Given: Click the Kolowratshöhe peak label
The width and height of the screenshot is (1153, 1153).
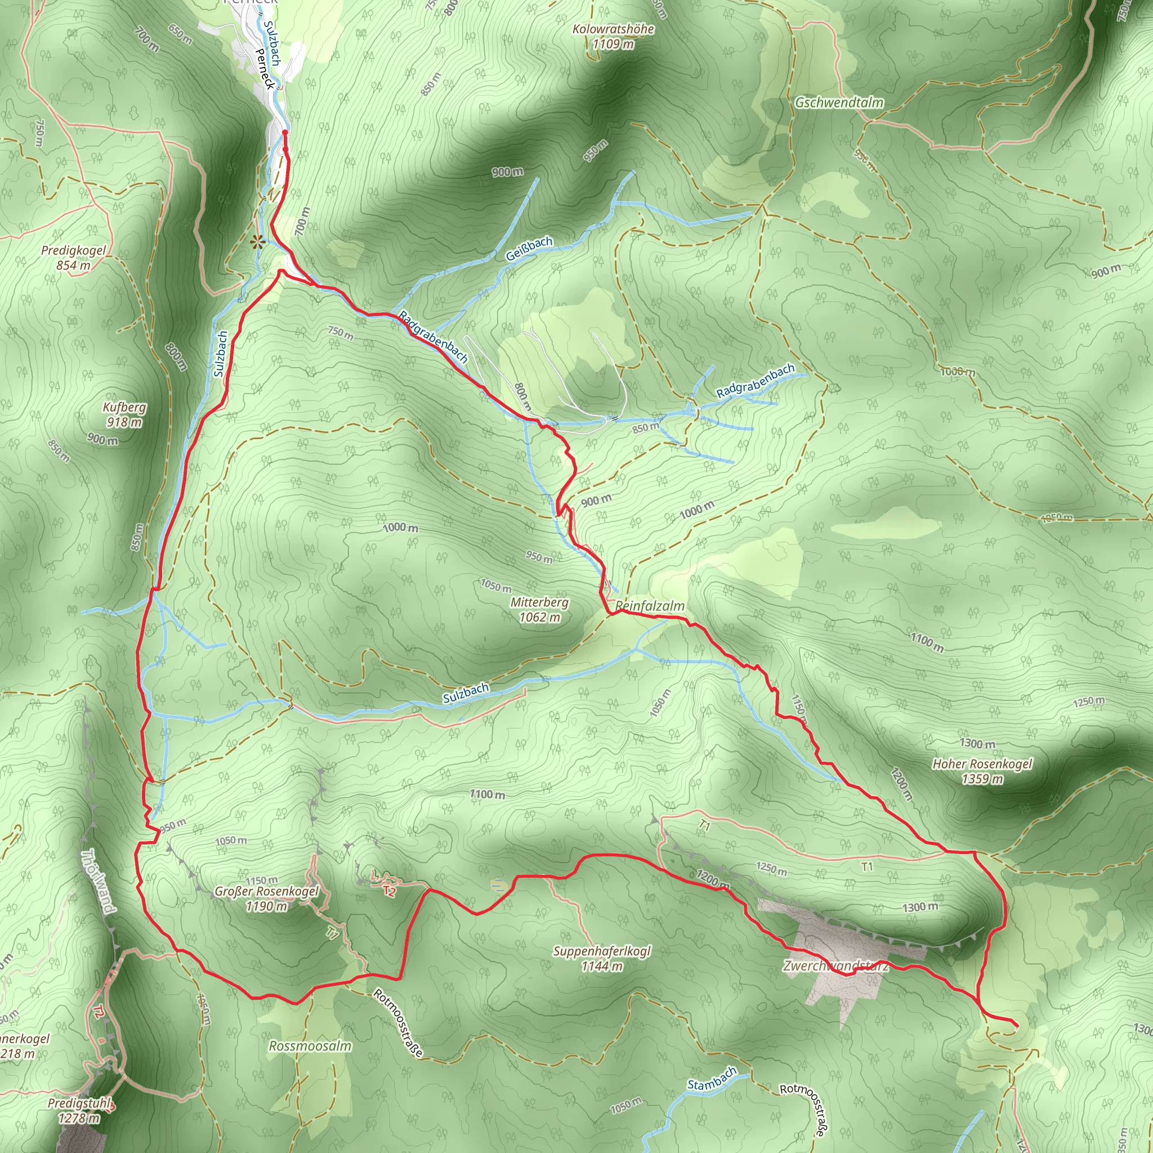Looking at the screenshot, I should [613, 37].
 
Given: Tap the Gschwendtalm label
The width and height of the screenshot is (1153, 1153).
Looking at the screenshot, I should [838, 102].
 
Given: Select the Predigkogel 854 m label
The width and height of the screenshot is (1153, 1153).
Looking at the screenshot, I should [73, 258].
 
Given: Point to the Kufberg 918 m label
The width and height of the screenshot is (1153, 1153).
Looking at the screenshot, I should [124, 415].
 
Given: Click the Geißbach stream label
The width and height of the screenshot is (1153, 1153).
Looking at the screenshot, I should [529, 249].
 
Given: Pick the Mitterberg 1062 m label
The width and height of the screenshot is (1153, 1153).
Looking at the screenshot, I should [539, 609].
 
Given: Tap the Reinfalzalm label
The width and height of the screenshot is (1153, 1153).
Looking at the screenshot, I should [650, 606].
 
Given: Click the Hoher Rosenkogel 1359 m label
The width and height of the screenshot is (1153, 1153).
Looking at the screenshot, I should [982, 771].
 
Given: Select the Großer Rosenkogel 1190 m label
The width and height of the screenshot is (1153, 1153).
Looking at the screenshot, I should [267, 899].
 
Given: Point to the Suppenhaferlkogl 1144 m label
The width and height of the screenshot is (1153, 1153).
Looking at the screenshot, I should [602, 958].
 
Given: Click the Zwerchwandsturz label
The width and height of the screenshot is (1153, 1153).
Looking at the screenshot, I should [835, 966].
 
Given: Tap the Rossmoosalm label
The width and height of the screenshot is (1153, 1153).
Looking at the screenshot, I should [310, 1046].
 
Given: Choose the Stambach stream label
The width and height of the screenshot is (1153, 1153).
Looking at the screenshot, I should [712, 1078].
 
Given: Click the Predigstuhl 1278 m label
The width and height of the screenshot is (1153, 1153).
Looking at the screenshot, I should [79, 1111].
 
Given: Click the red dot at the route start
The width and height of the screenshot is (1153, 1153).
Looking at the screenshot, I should [285, 132].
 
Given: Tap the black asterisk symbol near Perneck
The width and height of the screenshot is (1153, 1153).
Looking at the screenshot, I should [257, 242].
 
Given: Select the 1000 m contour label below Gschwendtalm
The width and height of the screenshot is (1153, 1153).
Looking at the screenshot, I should [957, 372].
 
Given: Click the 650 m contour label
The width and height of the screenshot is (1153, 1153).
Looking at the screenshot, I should [180, 34].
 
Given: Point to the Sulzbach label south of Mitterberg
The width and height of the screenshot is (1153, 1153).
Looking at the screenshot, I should [466, 693].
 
